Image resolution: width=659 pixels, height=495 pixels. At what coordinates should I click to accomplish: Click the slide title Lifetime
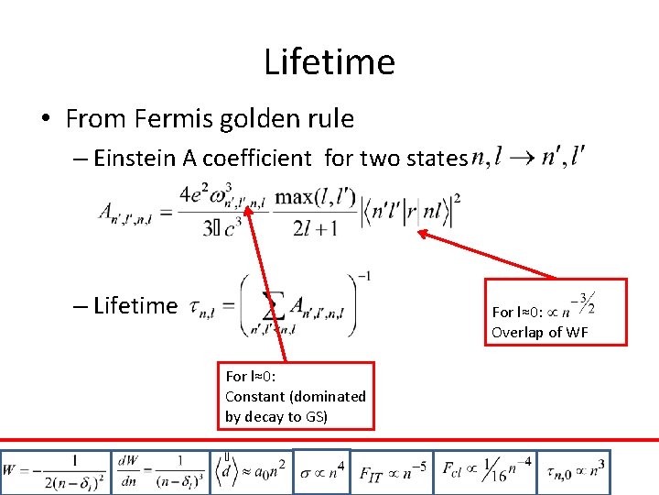click(329, 61)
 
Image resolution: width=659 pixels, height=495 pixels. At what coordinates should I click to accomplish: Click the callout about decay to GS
click(296, 396)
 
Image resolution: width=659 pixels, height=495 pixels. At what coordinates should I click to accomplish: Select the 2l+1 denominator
click(305, 228)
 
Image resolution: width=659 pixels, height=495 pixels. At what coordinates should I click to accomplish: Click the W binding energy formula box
click(55, 472)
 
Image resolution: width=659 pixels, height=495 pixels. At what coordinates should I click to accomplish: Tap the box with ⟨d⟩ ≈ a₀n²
click(253, 472)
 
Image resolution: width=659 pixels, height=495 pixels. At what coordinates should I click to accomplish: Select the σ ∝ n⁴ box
click(321, 472)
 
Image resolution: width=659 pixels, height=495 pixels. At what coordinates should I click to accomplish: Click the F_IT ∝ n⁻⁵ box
click(393, 472)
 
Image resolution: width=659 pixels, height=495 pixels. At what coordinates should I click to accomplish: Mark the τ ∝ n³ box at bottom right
click(575, 472)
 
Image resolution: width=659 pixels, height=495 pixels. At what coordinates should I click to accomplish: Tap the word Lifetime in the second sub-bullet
click(135, 305)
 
